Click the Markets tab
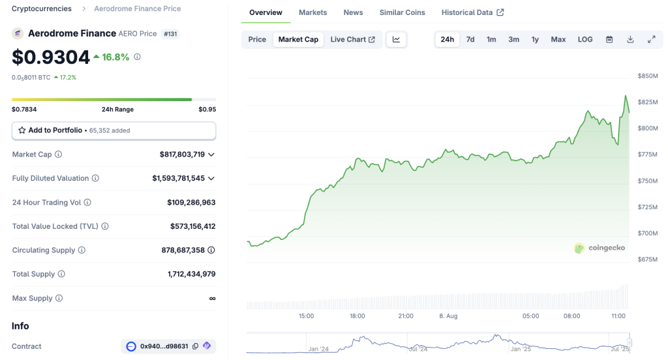pyautogui.click(x=312, y=12)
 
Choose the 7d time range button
pyautogui.click(x=470, y=39)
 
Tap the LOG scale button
pyautogui.click(x=585, y=39)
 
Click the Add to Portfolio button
pyautogui.click(x=114, y=130)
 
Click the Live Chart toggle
pyautogui.click(x=352, y=39)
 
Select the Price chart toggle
pyautogui.click(x=257, y=39)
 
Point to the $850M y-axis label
pyautogui.click(x=647, y=76)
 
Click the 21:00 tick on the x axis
pyautogui.click(x=405, y=316)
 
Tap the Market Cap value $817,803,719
pyautogui.click(x=182, y=155)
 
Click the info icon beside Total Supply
pyautogui.click(x=61, y=274)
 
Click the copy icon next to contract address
pyautogui.click(x=195, y=346)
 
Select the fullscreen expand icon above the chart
pyautogui.click(x=651, y=39)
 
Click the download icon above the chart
pyautogui.click(x=630, y=39)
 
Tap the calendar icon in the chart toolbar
pyautogui.click(x=609, y=39)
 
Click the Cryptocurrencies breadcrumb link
pyautogui.click(x=42, y=8)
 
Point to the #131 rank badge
pyautogui.click(x=170, y=33)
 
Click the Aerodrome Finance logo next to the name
pyautogui.click(x=18, y=33)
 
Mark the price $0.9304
pyautogui.click(x=51, y=57)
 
